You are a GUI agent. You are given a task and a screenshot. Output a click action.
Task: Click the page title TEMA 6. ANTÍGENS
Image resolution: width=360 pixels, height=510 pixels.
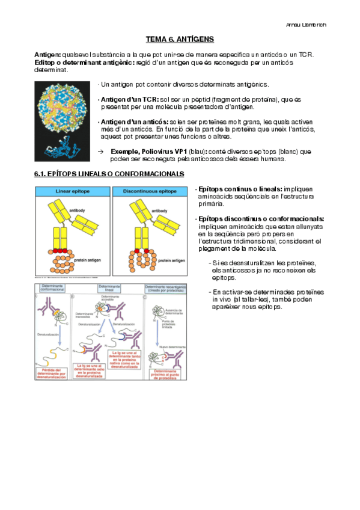[180, 39]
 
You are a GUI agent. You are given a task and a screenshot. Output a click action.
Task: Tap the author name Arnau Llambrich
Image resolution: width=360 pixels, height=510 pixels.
[305, 24]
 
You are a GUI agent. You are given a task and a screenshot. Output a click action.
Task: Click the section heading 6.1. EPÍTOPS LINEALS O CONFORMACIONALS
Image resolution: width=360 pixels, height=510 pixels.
[109, 174]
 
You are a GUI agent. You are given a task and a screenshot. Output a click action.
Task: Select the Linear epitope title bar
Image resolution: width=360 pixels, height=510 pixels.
[72, 191]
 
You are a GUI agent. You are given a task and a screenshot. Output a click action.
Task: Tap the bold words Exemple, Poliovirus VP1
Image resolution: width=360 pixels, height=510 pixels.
[144, 152]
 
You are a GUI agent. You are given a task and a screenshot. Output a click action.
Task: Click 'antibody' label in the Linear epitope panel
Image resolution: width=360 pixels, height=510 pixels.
[77, 210]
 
